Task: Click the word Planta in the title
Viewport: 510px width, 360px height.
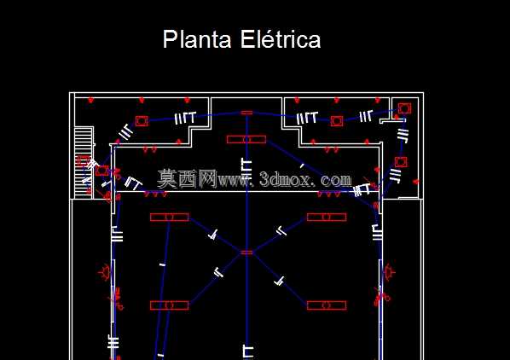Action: coord(197,39)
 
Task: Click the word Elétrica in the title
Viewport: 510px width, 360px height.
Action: coord(281,39)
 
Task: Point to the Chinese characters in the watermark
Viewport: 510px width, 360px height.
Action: coord(187,179)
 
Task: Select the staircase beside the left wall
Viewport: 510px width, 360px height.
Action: coord(84,163)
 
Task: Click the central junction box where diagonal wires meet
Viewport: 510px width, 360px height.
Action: coord(246,253)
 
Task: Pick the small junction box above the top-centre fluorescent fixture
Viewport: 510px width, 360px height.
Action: coord(246,113)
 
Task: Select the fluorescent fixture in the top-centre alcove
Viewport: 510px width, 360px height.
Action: coord(246,140)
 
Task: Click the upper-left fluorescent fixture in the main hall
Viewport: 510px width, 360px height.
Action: coord(170,218)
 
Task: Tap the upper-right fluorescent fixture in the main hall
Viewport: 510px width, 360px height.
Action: coord(327,217)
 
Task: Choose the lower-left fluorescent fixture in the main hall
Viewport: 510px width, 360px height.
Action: coord(170,305)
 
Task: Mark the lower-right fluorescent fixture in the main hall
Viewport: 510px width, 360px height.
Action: coord(327,305)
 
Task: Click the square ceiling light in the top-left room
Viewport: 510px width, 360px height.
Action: coord(142,121)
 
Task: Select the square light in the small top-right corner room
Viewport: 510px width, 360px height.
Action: coord(404,108)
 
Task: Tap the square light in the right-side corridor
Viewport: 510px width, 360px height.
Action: coord(401,162)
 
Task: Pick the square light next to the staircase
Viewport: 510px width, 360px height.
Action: coord(102,171)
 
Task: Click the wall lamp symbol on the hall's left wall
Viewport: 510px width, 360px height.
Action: coord(105,272)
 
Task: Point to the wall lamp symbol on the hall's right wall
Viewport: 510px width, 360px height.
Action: coord(389,272)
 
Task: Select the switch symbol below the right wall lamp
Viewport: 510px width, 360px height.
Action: coord(382,296)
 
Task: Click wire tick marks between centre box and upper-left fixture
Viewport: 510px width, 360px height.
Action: coord(213,235)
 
